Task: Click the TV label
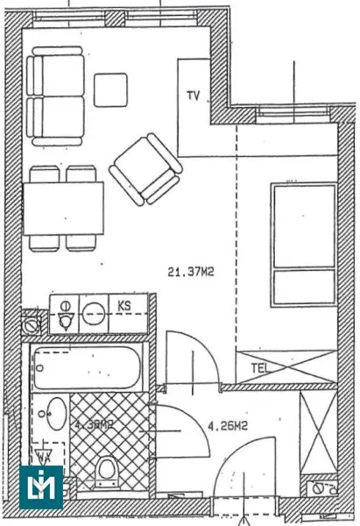(193, 95)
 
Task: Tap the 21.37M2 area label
(191, 272)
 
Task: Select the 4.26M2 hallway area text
(227, 427)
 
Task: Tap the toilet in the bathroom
(107, 472)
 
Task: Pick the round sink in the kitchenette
(94, 309)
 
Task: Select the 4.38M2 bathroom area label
(93, 426)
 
